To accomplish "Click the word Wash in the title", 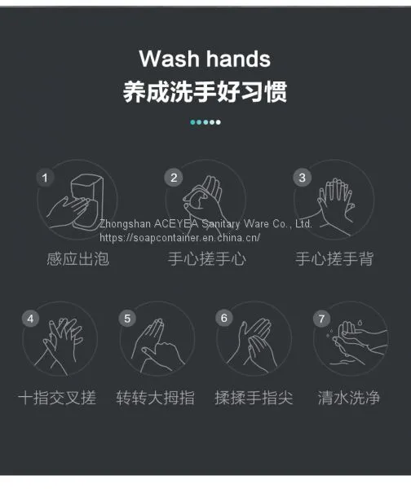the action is pos(169,59).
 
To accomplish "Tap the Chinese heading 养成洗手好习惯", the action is pos(205,91).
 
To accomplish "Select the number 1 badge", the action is pos(45,178).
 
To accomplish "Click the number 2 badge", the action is pos(174,178).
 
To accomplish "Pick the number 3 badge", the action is pos(302,178).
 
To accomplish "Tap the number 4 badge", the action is pos(30,319).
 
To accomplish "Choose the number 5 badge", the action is pos(127,319).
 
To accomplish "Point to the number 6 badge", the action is pos(224,318).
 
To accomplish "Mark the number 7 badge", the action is pos(321,319).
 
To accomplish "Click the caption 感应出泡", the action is pos(78,259).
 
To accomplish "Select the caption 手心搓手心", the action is pos(207,259).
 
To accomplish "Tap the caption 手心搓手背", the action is pos(334,259).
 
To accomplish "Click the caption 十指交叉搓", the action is pos(57,398).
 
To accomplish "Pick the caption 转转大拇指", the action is pos(155,398).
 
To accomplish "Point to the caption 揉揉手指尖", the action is pos(254,398).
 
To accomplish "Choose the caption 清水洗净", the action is pos(348,398).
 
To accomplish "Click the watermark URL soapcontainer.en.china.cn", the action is pos(179,238).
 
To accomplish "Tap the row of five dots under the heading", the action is pos(205,122).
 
